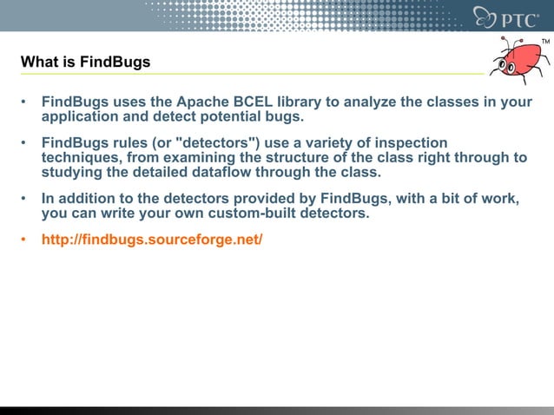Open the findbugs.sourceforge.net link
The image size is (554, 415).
point(152,239)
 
